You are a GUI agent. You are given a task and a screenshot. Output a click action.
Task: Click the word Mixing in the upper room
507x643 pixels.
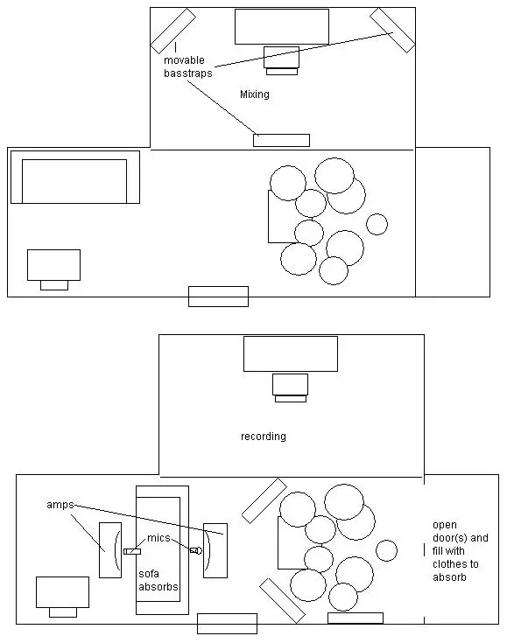pyautogui.click(x=255, y=94)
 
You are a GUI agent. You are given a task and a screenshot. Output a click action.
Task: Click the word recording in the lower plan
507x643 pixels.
pyautogui.click(x=264, y=436)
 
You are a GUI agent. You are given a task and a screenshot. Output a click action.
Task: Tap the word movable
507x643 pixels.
pyautogui.click(x=184, y=60)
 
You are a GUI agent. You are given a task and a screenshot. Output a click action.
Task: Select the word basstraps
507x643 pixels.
pyautogui.click(x=188, y=73)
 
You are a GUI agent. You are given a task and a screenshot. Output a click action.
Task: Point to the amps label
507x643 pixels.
pyautogui.click(x=60, y=505)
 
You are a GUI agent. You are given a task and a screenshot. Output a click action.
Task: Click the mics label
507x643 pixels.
pyautogui.click(x=158, y=538)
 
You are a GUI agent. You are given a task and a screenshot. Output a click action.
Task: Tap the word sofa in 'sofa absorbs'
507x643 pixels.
pyautogui.click(x=149, y=574)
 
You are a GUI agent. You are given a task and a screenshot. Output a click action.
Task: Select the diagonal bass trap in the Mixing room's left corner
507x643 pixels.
pyautogui.click(x=173, y=31)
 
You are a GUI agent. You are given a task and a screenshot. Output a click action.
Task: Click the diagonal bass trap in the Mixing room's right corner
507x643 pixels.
pyautogui.click(x=392, y=31)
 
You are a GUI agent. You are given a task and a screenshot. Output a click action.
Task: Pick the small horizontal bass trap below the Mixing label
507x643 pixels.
pyautogui.click(x=281, y=140)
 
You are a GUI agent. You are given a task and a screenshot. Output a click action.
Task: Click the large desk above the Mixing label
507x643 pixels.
pyautogui.click(x=282, y=26)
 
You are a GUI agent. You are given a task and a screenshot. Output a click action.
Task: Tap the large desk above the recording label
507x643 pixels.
pyautogui.click(x=291, y=354)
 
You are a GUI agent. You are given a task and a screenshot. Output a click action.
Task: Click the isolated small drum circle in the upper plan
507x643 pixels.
pyautogui.click(x=377, y=224)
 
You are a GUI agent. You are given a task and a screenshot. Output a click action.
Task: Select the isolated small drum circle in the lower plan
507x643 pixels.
pyautogui.click(x=386, y=550)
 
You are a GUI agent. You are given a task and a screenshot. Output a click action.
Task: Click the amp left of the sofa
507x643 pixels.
pyautogui.click(x=110, y=550)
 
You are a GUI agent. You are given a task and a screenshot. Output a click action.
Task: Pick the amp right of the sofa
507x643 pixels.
pyautogui.click(x=215, y=550)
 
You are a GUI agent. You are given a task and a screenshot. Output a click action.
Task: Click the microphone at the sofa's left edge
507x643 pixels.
pyautogui.click(x=132, y=551)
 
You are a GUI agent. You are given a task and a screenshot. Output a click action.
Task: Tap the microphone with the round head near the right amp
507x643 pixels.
pyautogui.click(x=196, y=550)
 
